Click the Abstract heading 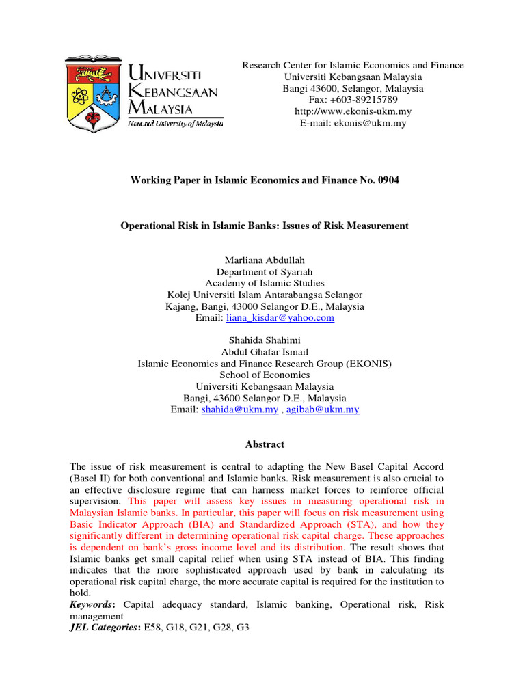tap(265, 444)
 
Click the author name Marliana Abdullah tap(265, 260)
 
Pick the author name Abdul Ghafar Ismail tap(265, 351)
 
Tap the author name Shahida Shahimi tap(265, 340)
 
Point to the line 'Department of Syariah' tap(265, 271)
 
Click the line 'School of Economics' tap(265, 375)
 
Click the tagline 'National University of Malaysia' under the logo tap(176, 123)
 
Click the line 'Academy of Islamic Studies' tap(265, 283)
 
